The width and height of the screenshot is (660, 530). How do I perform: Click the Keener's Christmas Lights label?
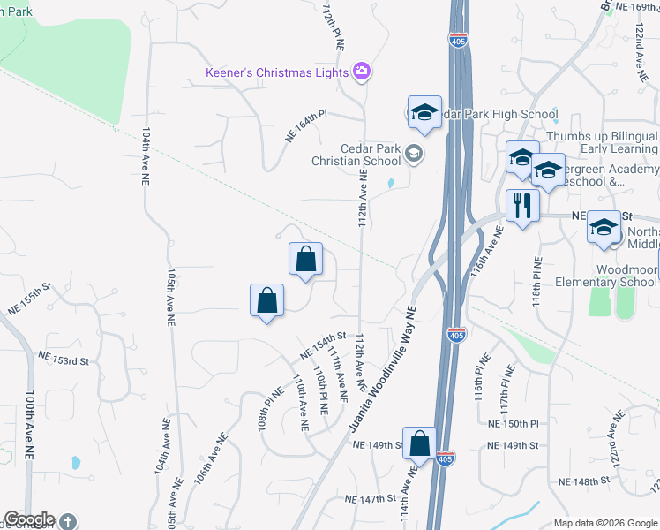(277, 72)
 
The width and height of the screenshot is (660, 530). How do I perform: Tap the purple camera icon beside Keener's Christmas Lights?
(361, 72)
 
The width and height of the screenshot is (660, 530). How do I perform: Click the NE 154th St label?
(321, 345)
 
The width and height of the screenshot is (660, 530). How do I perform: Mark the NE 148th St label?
(584, 481)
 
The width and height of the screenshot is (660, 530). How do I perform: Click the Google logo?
(29, 519)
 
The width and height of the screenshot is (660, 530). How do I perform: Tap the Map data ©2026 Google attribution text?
(605, 523)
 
